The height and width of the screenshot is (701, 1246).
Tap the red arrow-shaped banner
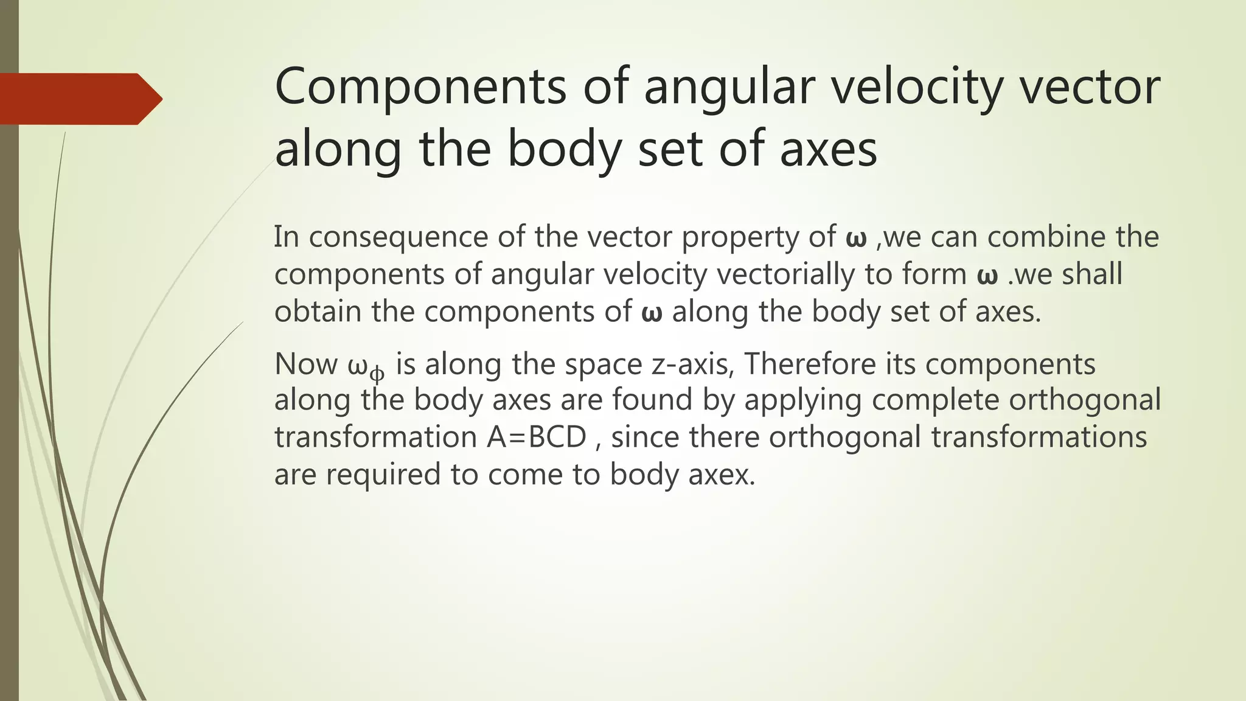click(79, 99)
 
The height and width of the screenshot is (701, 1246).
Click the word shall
click(1092, 274)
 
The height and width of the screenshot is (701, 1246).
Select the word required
click(383, 475)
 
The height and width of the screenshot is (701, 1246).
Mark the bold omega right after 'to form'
click(987, 275)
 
